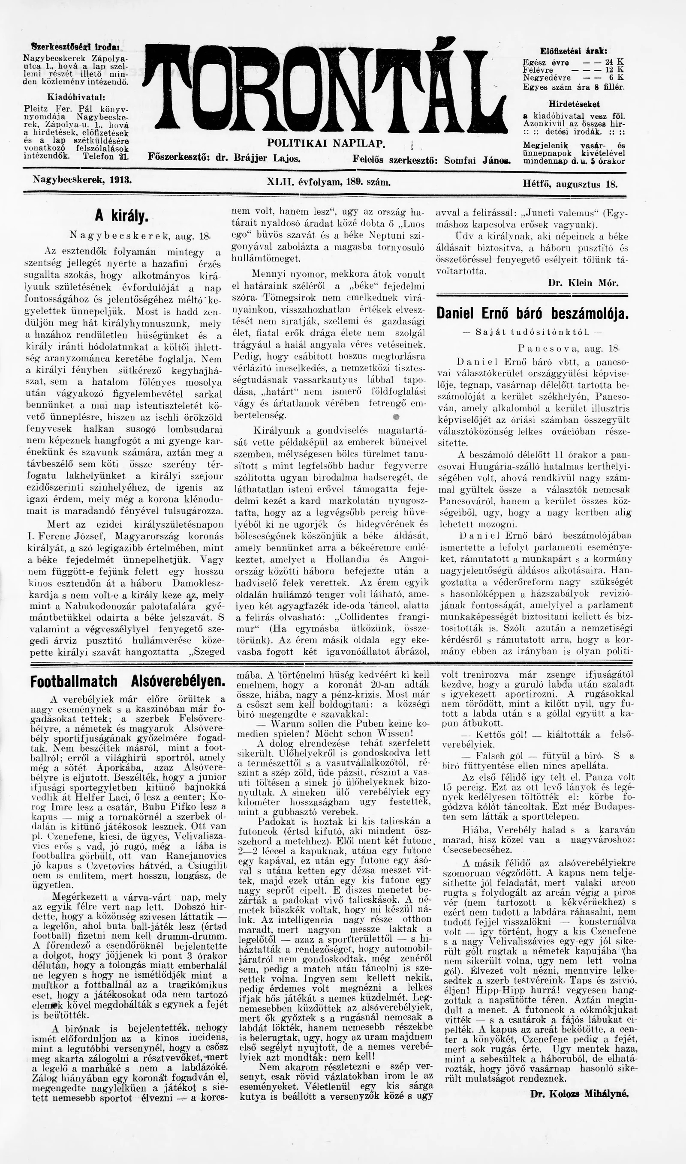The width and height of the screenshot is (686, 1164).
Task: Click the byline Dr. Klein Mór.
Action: [x=583, y=283]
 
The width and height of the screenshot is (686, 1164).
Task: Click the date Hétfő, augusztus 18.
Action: [x=569, y=184]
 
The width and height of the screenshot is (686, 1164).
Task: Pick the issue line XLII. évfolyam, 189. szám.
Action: [x=329, y=183]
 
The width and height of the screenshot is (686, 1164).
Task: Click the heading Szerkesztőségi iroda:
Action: [x=75, y=47]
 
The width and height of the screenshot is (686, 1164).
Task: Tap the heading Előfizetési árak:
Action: [x=574, y=51]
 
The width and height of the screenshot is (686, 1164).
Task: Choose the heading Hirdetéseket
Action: [x=574, y=105]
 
